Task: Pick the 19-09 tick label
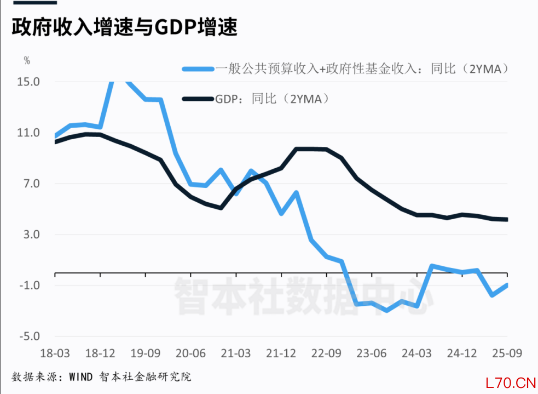pos(145,353)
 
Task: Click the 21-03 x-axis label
pos(235,353)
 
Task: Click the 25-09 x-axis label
pos(506,353)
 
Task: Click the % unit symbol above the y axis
pos(27,60)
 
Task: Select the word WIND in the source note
pos(82,377)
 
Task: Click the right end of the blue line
pos(507,285)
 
